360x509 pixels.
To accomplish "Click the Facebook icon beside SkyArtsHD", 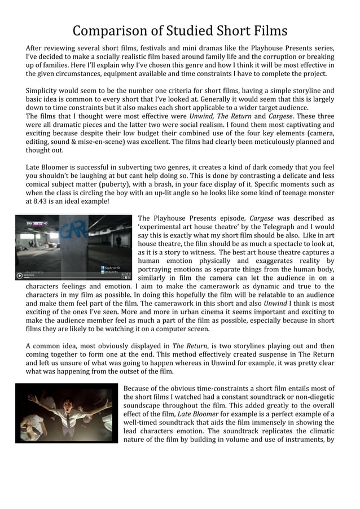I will pyautogui.click(x=102, y=267).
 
